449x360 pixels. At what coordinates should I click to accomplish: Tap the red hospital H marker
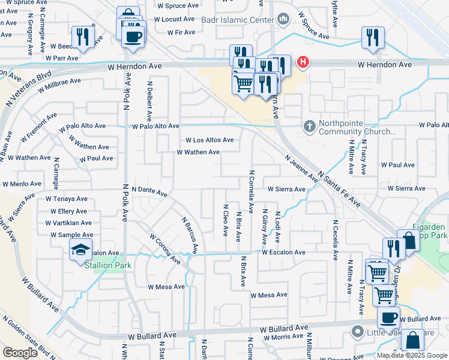304,62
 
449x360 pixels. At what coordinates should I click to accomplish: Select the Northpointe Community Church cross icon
309,126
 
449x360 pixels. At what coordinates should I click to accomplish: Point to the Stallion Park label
106,265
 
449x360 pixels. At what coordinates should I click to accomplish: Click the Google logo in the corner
20,353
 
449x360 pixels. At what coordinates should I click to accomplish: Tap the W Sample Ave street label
72,235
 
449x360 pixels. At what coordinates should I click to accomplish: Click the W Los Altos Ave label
209,140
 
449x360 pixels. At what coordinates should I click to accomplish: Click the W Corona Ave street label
165,248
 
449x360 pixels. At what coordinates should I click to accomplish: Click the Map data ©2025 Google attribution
412,355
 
